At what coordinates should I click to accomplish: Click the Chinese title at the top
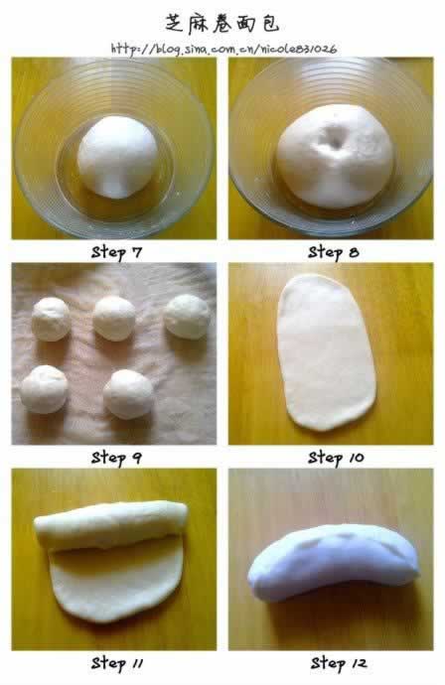[222, 24]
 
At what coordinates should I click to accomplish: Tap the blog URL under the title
[223, 49]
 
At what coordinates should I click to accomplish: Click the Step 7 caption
[116, 252]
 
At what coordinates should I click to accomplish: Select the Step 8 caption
[334, 252]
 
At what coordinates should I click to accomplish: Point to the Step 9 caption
[116, 458]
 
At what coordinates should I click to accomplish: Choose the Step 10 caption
[336, 458]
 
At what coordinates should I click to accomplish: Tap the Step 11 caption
[117, 663]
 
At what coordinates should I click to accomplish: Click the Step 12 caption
[339, 663]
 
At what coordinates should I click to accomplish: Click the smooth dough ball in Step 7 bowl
[117, 157]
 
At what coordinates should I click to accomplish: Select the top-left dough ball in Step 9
[51, 319]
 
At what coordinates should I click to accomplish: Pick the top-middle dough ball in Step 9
[114, 318]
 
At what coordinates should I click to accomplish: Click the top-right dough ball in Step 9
[187, 317]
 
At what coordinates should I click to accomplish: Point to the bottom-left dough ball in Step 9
[44, 389]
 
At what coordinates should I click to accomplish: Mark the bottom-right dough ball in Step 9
[128, 394]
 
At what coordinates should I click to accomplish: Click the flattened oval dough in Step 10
[326, 352]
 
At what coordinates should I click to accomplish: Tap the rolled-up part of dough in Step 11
[110, 524]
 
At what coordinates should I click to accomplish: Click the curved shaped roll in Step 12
[334, 561]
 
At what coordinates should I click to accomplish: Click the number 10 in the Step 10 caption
[356, 458]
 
